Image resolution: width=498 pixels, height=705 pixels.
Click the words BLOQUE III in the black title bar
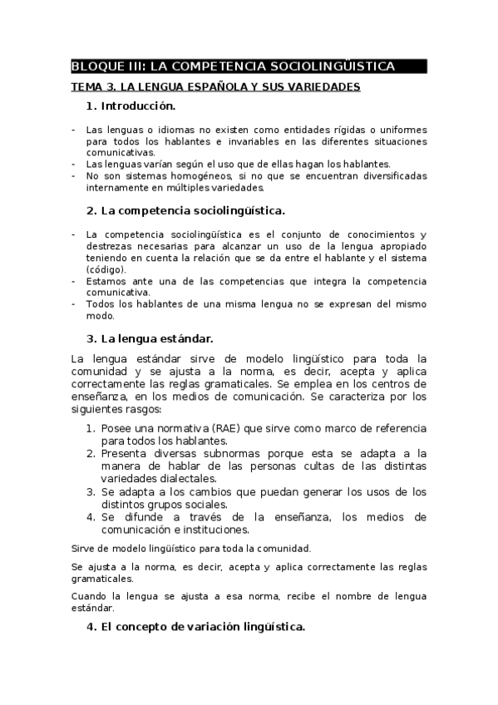pyautogui.click(x=104, y=67)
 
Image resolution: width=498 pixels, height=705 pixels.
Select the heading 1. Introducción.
pyautogui.click(x=131, y=106)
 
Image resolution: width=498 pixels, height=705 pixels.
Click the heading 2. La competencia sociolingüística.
pyautogui.click(x=185, y=210)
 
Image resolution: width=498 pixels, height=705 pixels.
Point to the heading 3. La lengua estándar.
pyautogui.click(x=150, y=338)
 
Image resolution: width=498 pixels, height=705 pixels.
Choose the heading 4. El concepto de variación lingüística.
pyautogui.click(x=195, y=628)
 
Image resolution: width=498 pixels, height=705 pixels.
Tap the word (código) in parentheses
pyautogui.click(x=106, y=269)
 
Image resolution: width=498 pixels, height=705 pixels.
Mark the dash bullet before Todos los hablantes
pyautogui.click(x=73, y=304)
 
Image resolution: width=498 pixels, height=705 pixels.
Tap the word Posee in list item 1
pyautogui.click(x=116, y=427)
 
